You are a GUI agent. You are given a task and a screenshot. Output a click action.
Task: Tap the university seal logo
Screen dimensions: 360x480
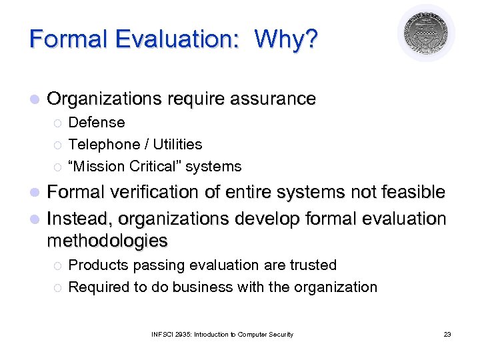[x=426, y=33]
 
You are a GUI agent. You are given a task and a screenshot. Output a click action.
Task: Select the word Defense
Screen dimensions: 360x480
[x=97, y=123]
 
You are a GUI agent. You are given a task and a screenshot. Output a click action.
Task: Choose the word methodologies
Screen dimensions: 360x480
[x=107, y=240]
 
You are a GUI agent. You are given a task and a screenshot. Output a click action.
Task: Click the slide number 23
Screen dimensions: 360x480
[x=447, y=334]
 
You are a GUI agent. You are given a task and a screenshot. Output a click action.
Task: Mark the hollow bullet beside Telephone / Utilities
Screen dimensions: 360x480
[x=57, y=145]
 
